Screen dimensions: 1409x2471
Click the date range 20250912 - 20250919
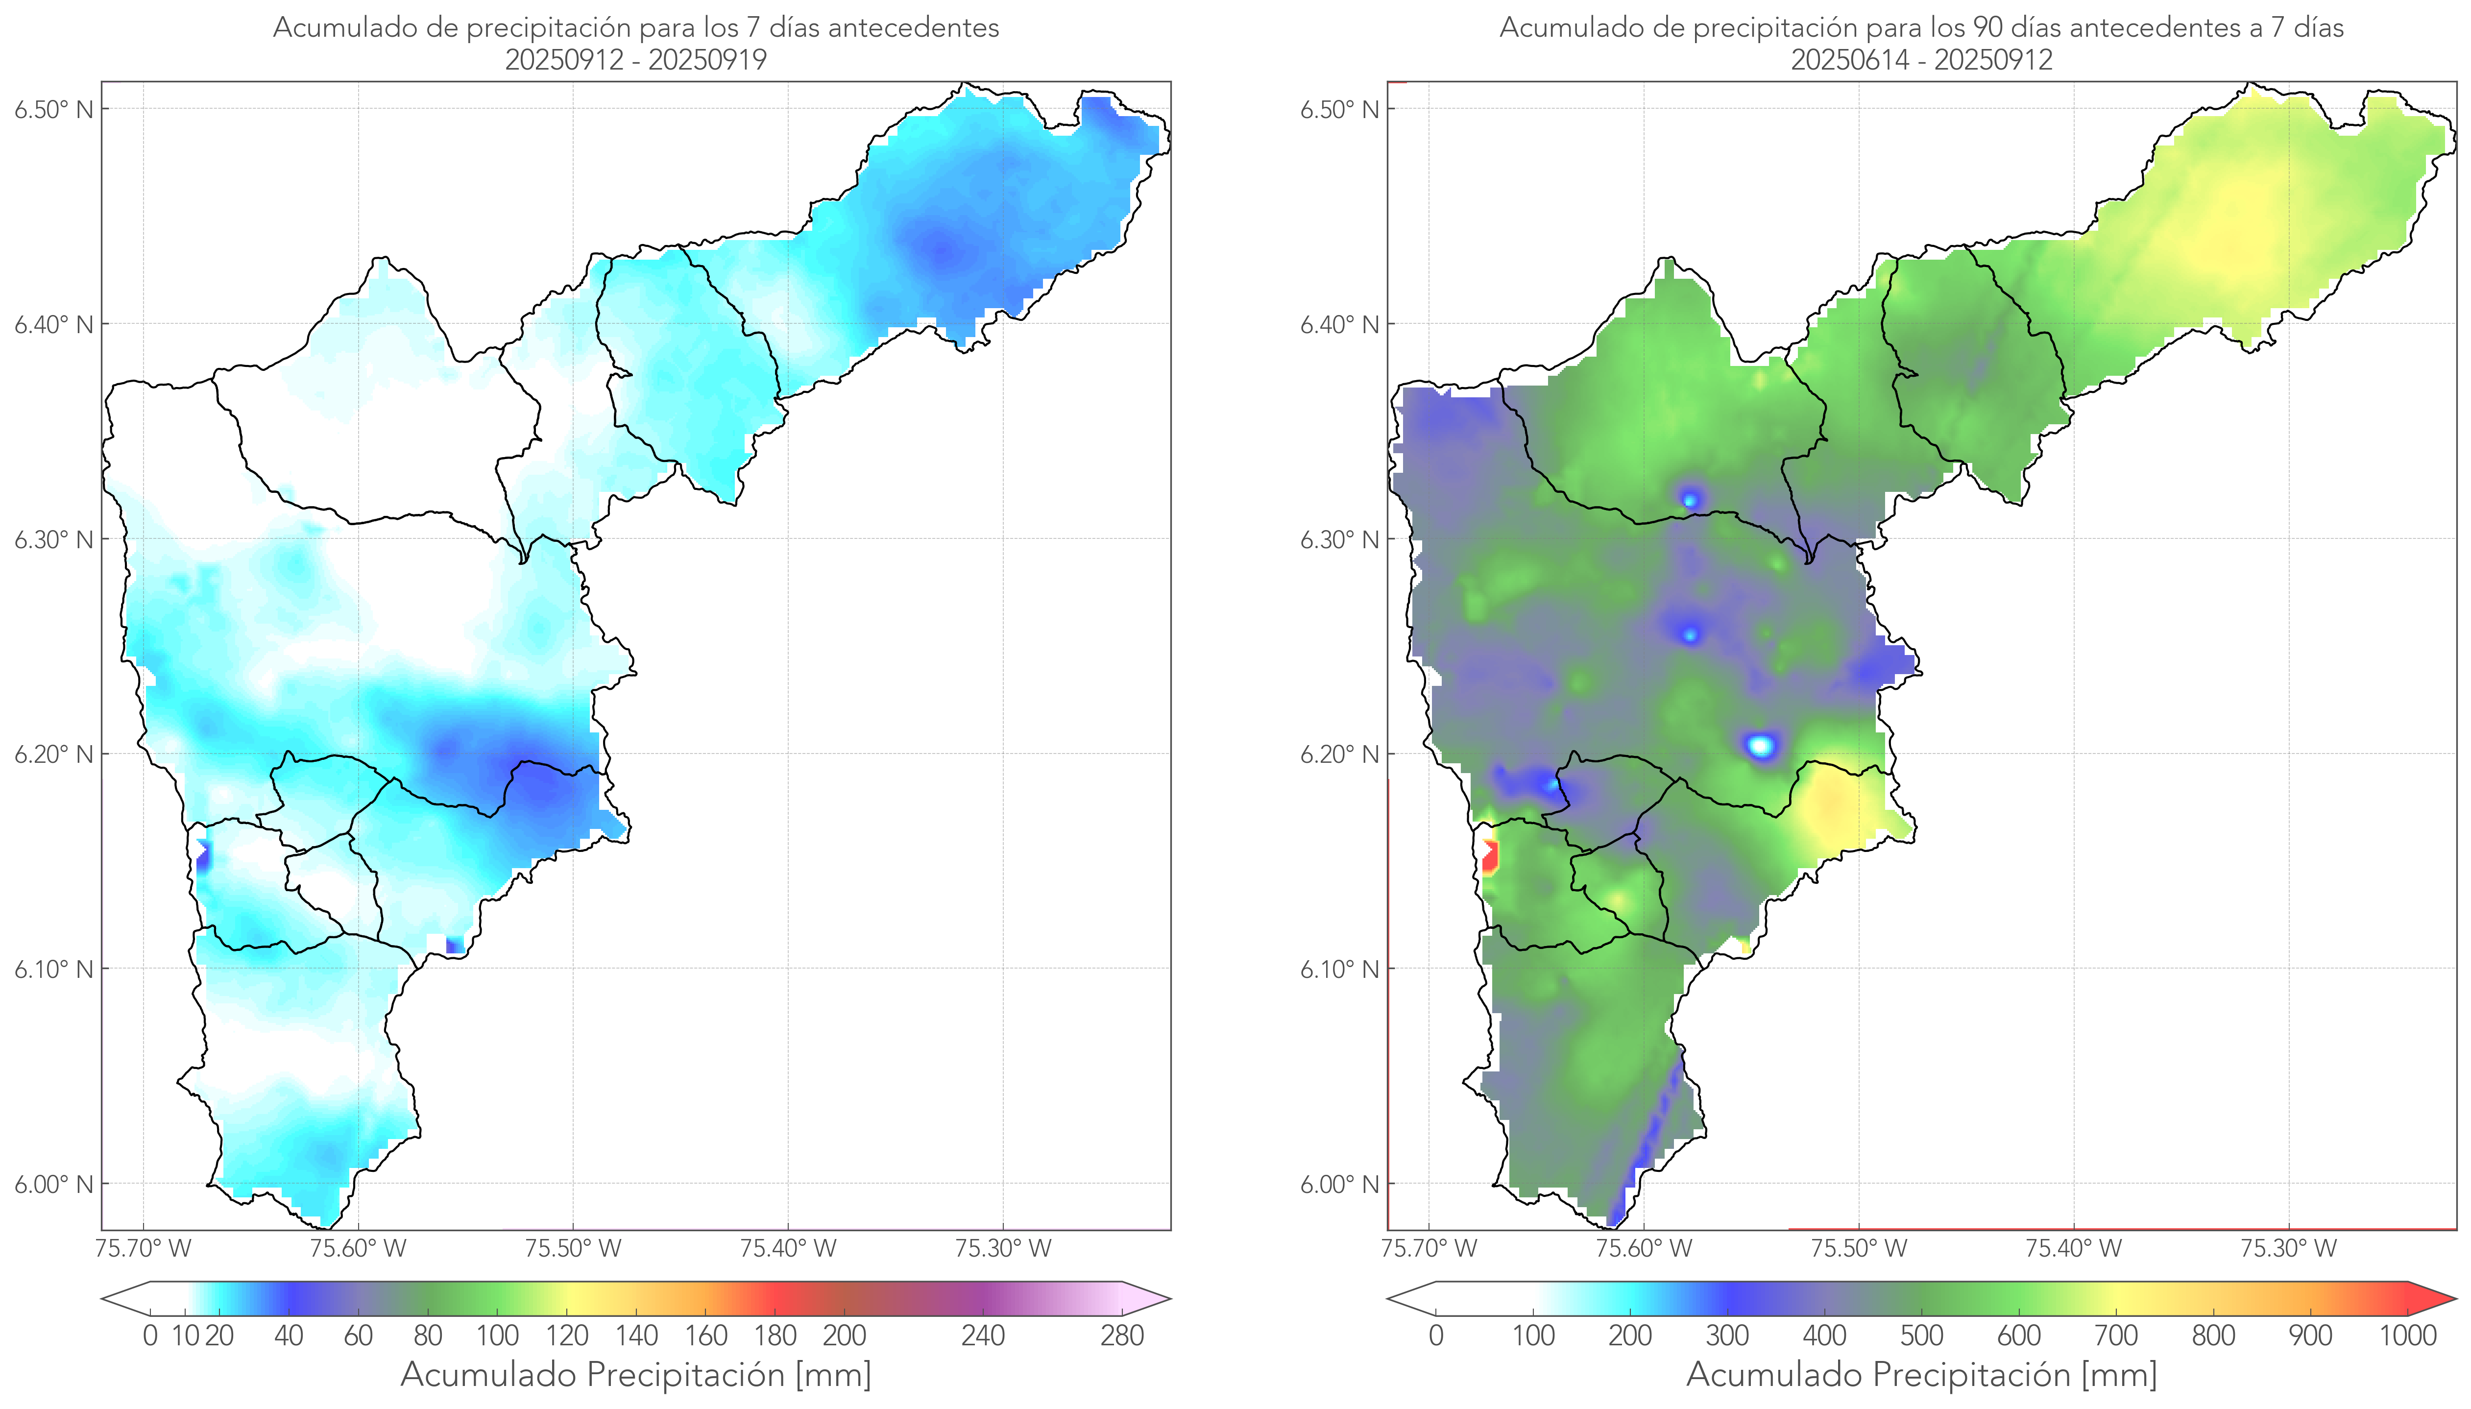[636, 60]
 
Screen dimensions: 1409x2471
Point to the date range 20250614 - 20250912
[1921, 60]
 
